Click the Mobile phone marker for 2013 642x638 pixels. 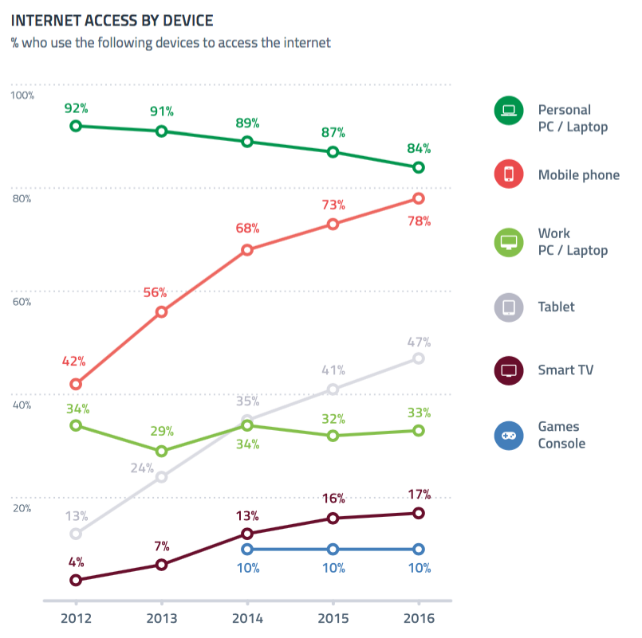pyautogui.click(x=161, y=311)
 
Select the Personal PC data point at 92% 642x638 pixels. pyautogui.click(x=76, y=126)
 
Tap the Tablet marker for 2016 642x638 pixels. pyautogui.click(x=418, y=358)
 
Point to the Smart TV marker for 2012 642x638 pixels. pyautogui.click(x=76, y=580)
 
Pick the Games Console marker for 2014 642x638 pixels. pyautogui.click(x=247, y=549)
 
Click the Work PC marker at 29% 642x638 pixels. pyautogui.click(x=161, y=451)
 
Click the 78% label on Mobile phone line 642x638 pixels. pyautogui.click(x=418, y=221)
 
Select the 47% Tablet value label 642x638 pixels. pyautogui.click(x=418, y=342)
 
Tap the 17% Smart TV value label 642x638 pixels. pyautogui.click(x=418, y=494)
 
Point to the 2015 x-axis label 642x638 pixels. pyautogui.click(x=333, y=619)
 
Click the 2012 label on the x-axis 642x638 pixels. pyautogui.click(x=76, y=619)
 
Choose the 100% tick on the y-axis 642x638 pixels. pyautogui.click(x=22, y=96)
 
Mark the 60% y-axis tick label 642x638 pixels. pyautogui.click(x=22, y=302)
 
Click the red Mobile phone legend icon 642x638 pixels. pyautogui.click(x=509, y=175)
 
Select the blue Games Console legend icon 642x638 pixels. pyautogui.click(x=509, y=436)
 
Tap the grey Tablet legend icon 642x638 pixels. pyautogui.click(x=509, y=307)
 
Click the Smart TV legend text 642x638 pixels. pyautogui.click(x=565, y=370)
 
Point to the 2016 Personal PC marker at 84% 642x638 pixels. pyautogui.click(x=418, y=167)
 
